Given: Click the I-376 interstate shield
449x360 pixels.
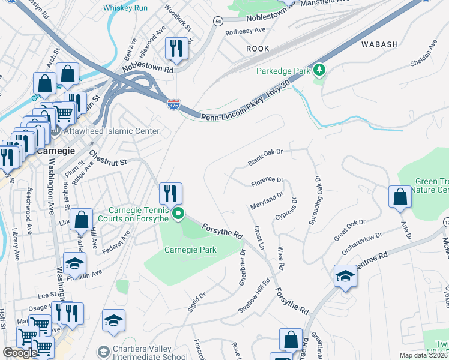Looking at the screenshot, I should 173,104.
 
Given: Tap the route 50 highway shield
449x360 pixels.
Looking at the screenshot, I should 218,22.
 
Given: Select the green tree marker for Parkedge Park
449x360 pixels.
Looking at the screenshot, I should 320,71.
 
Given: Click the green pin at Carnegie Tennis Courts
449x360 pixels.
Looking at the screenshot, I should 178,214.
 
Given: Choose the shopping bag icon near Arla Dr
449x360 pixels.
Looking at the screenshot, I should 400,197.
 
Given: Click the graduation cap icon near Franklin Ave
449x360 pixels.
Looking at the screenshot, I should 75,263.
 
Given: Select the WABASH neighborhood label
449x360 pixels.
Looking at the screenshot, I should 379,44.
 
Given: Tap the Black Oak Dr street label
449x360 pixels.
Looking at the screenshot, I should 265,158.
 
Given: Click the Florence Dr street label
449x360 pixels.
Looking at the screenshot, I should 267,181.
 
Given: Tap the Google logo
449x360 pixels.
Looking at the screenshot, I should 20,353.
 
